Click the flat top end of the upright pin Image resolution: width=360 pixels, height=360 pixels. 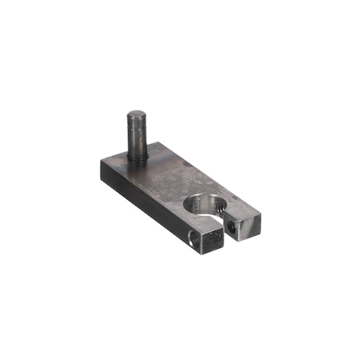coord(134,116)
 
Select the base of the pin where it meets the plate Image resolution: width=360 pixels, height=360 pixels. coord(137,157)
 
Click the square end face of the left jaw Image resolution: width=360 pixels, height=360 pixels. coord(210,241)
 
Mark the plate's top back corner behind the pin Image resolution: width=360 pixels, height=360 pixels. coord(161,144)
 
